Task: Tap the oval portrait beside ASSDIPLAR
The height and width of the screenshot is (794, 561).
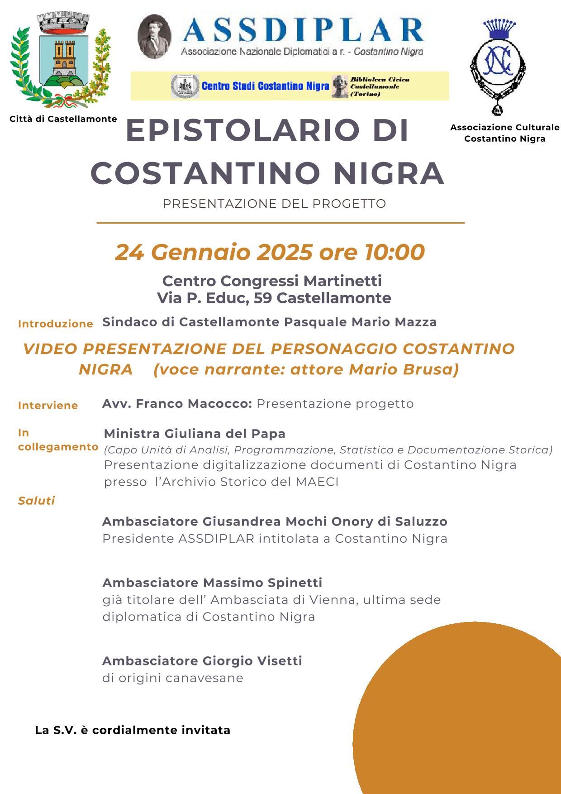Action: point(154,37)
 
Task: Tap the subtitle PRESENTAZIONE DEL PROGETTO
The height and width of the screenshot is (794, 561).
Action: point(274,204)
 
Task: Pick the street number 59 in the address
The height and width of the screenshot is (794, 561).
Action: point(262,298)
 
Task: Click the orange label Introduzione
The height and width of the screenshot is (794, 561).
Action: point(56,324)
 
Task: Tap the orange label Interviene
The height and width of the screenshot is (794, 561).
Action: point(48,406)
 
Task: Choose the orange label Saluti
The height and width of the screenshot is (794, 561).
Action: point(37,501)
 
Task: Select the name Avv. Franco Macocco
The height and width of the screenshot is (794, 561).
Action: point(177,403)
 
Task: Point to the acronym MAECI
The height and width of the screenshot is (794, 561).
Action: point(317,482)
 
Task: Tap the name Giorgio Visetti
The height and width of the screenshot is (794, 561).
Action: point(252,661)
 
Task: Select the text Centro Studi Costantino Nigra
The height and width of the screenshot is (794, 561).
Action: point(265,86)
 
